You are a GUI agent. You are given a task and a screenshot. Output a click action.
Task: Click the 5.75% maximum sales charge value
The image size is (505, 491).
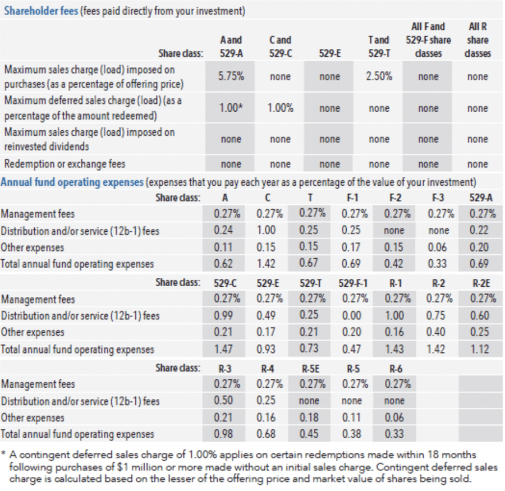231,77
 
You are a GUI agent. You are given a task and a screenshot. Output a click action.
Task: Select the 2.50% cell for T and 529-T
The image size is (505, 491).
379,77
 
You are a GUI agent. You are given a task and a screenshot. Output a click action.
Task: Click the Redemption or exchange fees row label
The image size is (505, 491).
65,164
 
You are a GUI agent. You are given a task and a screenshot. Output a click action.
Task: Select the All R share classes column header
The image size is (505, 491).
478,40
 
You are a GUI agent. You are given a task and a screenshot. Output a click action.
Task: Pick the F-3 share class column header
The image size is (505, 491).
438,198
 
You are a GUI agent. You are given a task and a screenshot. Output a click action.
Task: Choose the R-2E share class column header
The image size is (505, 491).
478,283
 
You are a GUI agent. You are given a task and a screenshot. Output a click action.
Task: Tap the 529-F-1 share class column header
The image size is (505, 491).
354,283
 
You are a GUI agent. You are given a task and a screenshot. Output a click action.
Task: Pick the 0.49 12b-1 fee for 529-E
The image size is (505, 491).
267,315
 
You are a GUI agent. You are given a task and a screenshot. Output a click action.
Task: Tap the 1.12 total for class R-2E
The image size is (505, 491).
478,349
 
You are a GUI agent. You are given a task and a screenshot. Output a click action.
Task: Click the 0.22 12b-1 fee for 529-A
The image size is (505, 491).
478,230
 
